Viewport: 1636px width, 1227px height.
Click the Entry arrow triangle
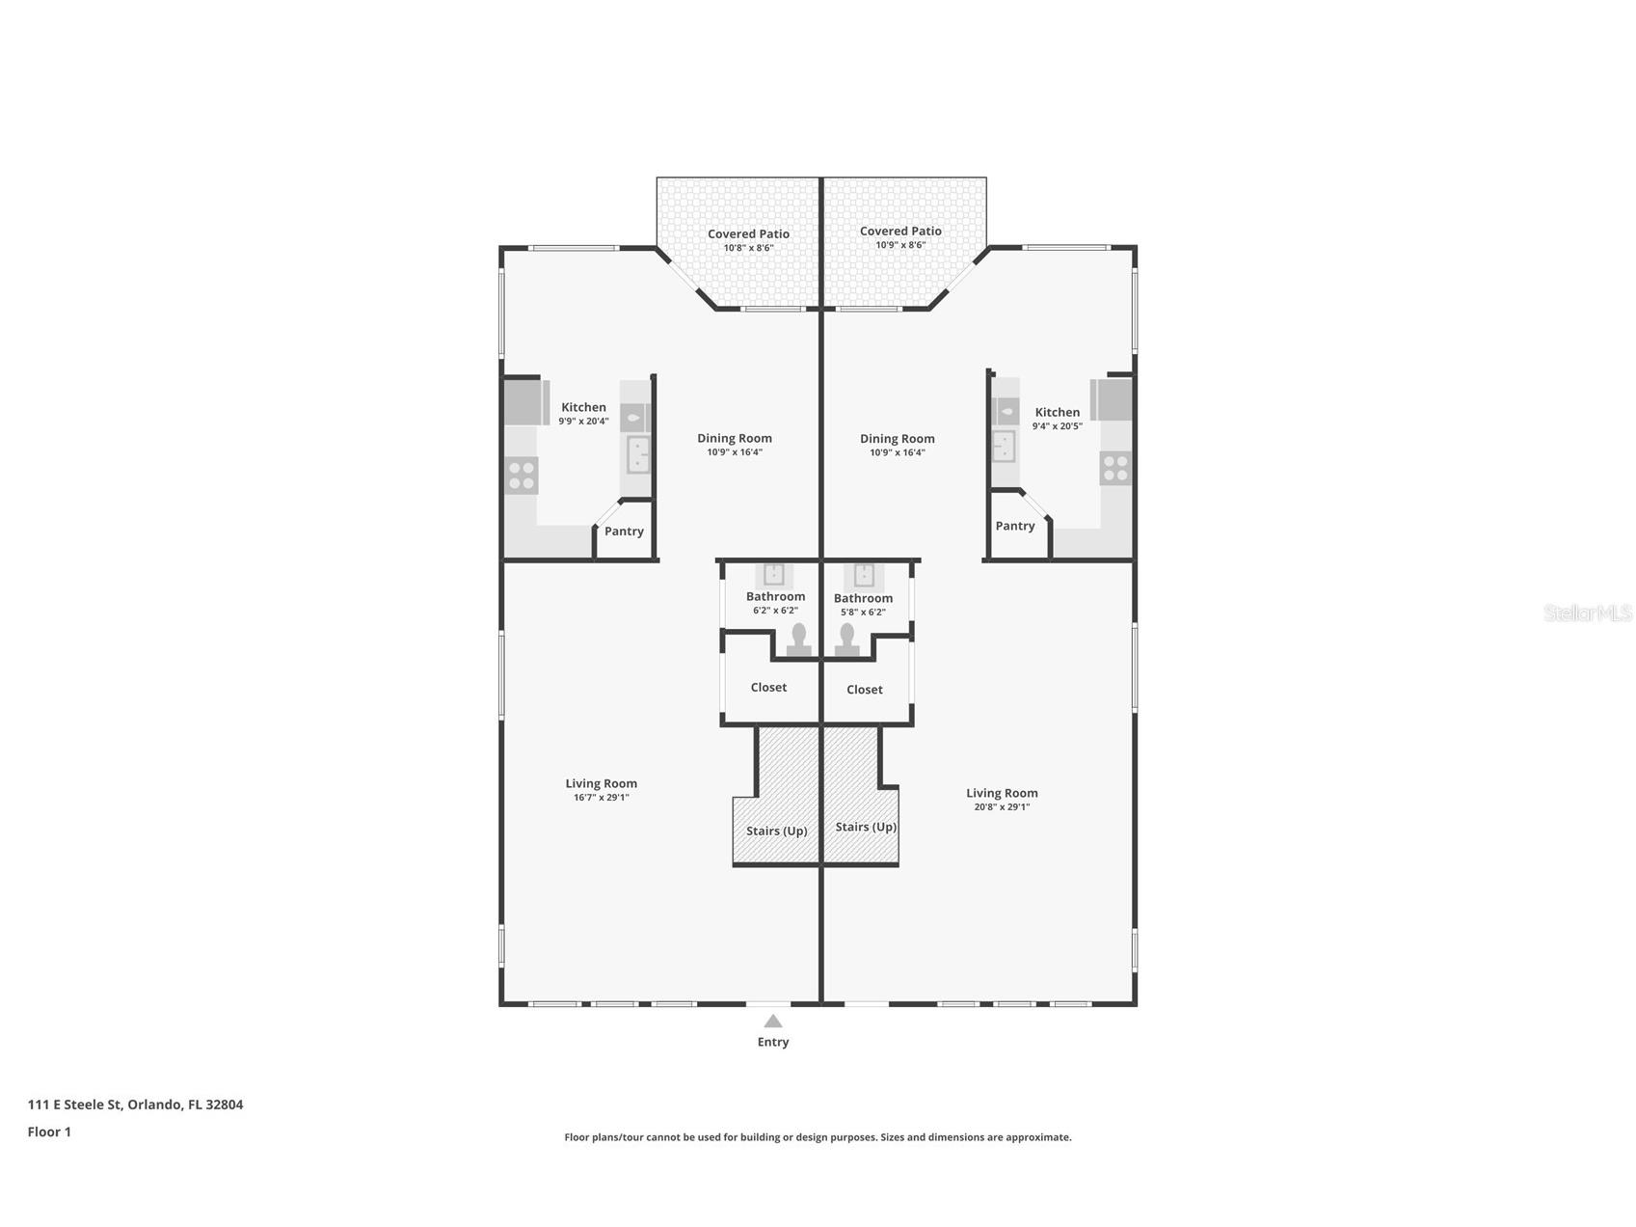[x=773, y=1021]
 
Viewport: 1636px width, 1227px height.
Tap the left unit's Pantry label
[x=624, y=532]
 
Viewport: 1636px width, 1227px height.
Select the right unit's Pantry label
[x=1015, y=526]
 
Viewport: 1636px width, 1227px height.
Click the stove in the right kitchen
[x=1115, y=469]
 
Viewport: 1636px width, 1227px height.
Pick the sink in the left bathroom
[x=774, y=575]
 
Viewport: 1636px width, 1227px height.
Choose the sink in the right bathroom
[x=864, y=575]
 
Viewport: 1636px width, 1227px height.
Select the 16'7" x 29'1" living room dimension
[x=602, y=798]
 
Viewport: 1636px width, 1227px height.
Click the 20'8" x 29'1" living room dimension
[x=1002, y=807]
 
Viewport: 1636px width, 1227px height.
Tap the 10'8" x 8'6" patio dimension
[x=749, y=248]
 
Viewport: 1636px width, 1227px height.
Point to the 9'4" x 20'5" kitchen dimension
[x=1058, y=426]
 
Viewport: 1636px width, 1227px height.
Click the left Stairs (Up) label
[x=777, y=832]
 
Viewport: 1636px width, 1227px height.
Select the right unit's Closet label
[x=865, y=690]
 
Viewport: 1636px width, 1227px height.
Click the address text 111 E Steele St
[x=75, y=1104]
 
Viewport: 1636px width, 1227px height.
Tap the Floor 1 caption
[x=49, y=1132]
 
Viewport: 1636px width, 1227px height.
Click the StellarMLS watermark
[x=1588, y=613]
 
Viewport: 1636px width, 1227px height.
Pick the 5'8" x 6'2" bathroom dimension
[x=863, y=613]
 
